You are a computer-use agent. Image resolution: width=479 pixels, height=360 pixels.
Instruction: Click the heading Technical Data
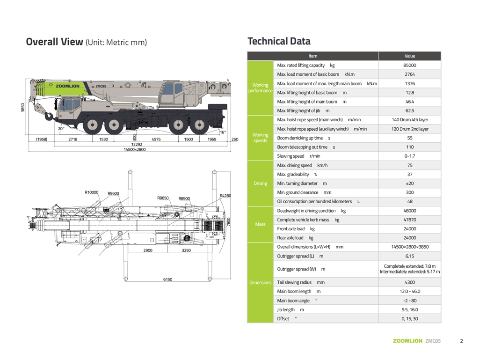(279, 41)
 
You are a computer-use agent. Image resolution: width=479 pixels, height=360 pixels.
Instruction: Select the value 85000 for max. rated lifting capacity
(410, 66)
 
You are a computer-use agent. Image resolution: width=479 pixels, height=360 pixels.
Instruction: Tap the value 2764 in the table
(410, 74)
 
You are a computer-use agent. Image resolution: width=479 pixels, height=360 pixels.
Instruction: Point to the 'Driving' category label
(260, 184)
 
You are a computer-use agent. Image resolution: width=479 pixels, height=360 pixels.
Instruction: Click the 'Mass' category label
(260, 224)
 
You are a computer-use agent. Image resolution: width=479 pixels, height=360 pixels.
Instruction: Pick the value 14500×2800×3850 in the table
(410, 247)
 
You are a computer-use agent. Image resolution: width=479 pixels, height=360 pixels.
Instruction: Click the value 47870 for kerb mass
(410, 220)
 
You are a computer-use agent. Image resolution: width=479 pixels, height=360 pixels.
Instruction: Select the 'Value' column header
(410, 56)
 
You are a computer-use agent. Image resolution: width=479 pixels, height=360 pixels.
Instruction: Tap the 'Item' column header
(313, 56)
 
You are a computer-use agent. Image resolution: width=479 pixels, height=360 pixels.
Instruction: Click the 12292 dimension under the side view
(137, 144)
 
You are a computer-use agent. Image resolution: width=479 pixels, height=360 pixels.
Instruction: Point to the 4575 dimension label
(157, 139)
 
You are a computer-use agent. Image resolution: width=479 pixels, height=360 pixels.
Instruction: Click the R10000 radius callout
(92, 192)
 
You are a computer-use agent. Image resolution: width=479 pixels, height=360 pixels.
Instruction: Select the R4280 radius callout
(225, 195)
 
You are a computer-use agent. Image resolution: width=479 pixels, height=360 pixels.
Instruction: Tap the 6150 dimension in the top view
(167, 279)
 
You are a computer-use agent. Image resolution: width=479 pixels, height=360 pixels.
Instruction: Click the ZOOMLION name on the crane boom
(67, 86)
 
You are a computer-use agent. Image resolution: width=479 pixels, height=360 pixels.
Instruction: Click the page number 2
(461, 341)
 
